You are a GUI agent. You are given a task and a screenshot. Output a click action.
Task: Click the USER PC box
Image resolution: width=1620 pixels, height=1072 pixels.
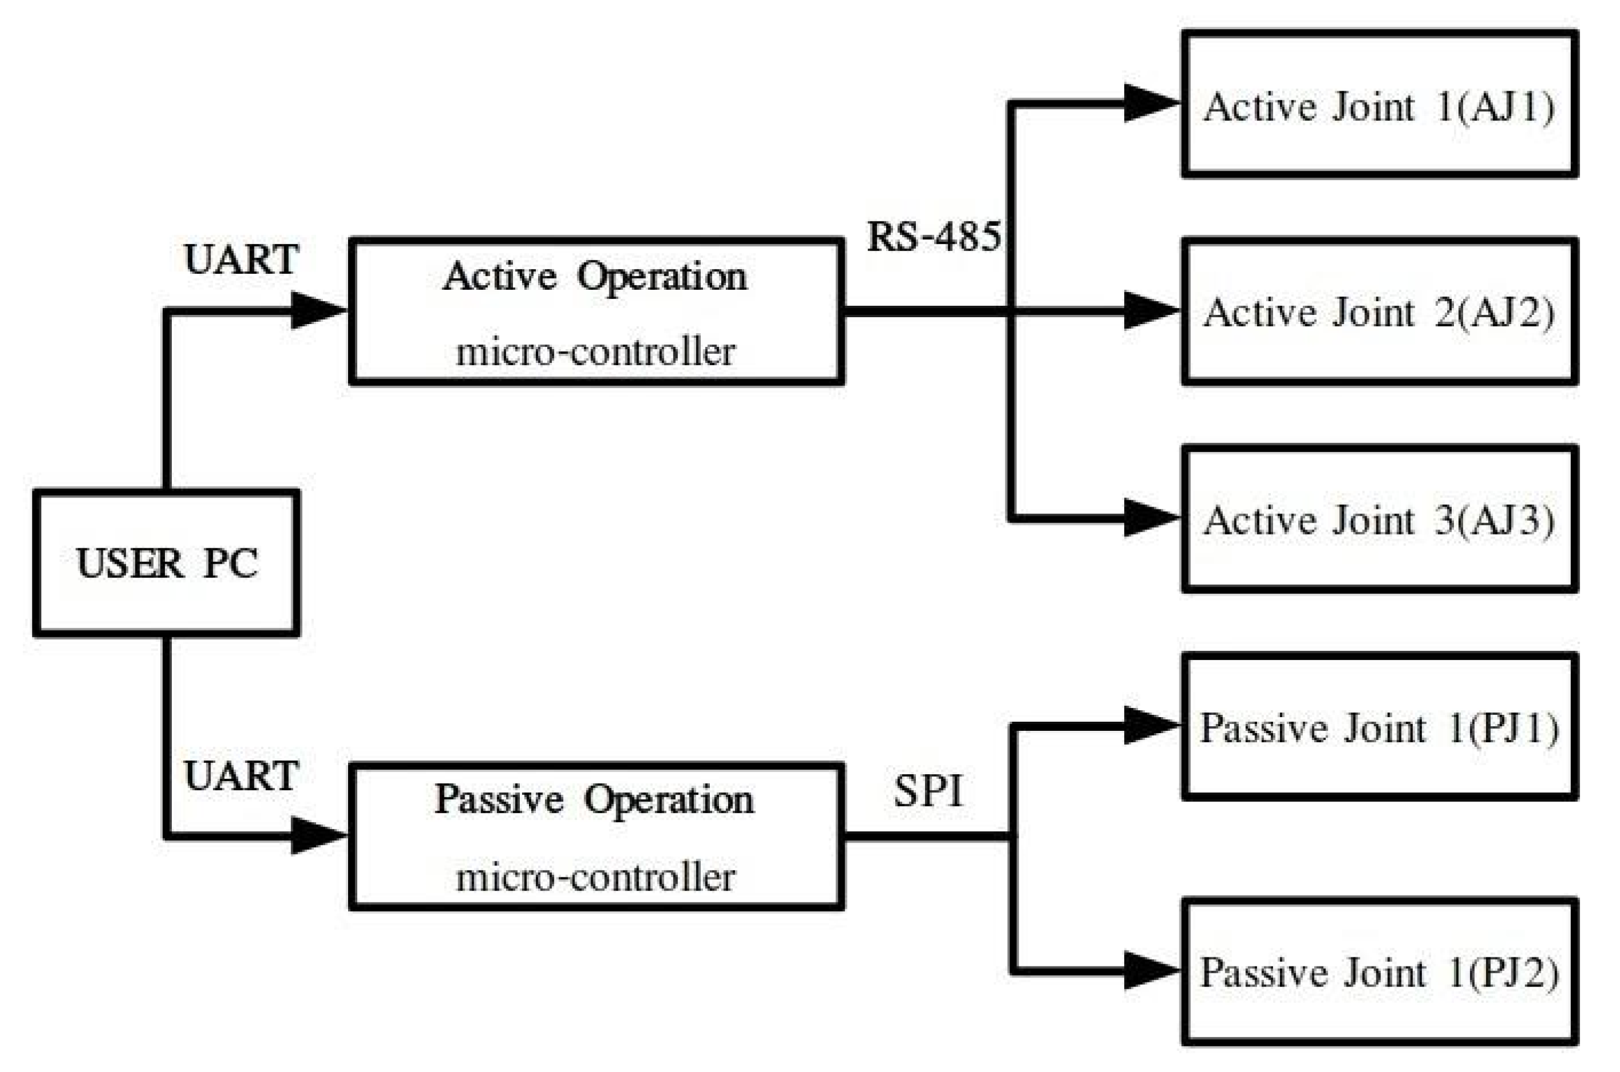pyautogui.click(x=166, y=563)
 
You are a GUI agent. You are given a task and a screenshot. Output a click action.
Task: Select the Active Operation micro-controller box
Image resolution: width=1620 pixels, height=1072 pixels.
pyautogui.click(x=596, y=312)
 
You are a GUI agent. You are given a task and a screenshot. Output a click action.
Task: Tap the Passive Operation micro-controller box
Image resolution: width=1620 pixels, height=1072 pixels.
pyautogui.click(x=596, y=835)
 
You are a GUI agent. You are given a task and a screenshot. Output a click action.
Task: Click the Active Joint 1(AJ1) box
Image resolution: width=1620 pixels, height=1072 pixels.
pyautogui.click(x=1379, y=104)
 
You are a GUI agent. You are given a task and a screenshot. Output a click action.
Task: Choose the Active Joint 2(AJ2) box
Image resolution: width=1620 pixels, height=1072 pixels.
pyautogui.click(x=1379, y=312)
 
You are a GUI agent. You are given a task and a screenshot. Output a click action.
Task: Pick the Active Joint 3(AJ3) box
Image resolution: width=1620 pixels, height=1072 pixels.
pyautogui.click(x=1379, y=519)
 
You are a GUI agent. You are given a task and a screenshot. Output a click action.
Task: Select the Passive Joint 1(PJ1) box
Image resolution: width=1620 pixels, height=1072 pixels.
pyautogui.click(x=1379, y=726)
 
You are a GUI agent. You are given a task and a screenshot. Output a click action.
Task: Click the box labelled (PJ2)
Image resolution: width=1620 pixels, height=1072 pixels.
pyautogui.click(x=1379, y=971)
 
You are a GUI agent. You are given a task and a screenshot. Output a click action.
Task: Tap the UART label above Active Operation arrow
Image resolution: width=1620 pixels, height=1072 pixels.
pyautogui.click(x=241, y=260)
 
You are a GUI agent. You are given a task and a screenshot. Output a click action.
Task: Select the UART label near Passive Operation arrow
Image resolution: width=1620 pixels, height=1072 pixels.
pyautogui.click(x=241, y=776)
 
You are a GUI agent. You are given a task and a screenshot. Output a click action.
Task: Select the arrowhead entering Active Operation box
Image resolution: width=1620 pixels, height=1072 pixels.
pyautogui.click(x=317, y=310)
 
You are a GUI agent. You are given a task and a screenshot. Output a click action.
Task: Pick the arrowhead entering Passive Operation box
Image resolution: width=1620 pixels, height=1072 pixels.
pyautogui.click(x=317, y=835)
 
